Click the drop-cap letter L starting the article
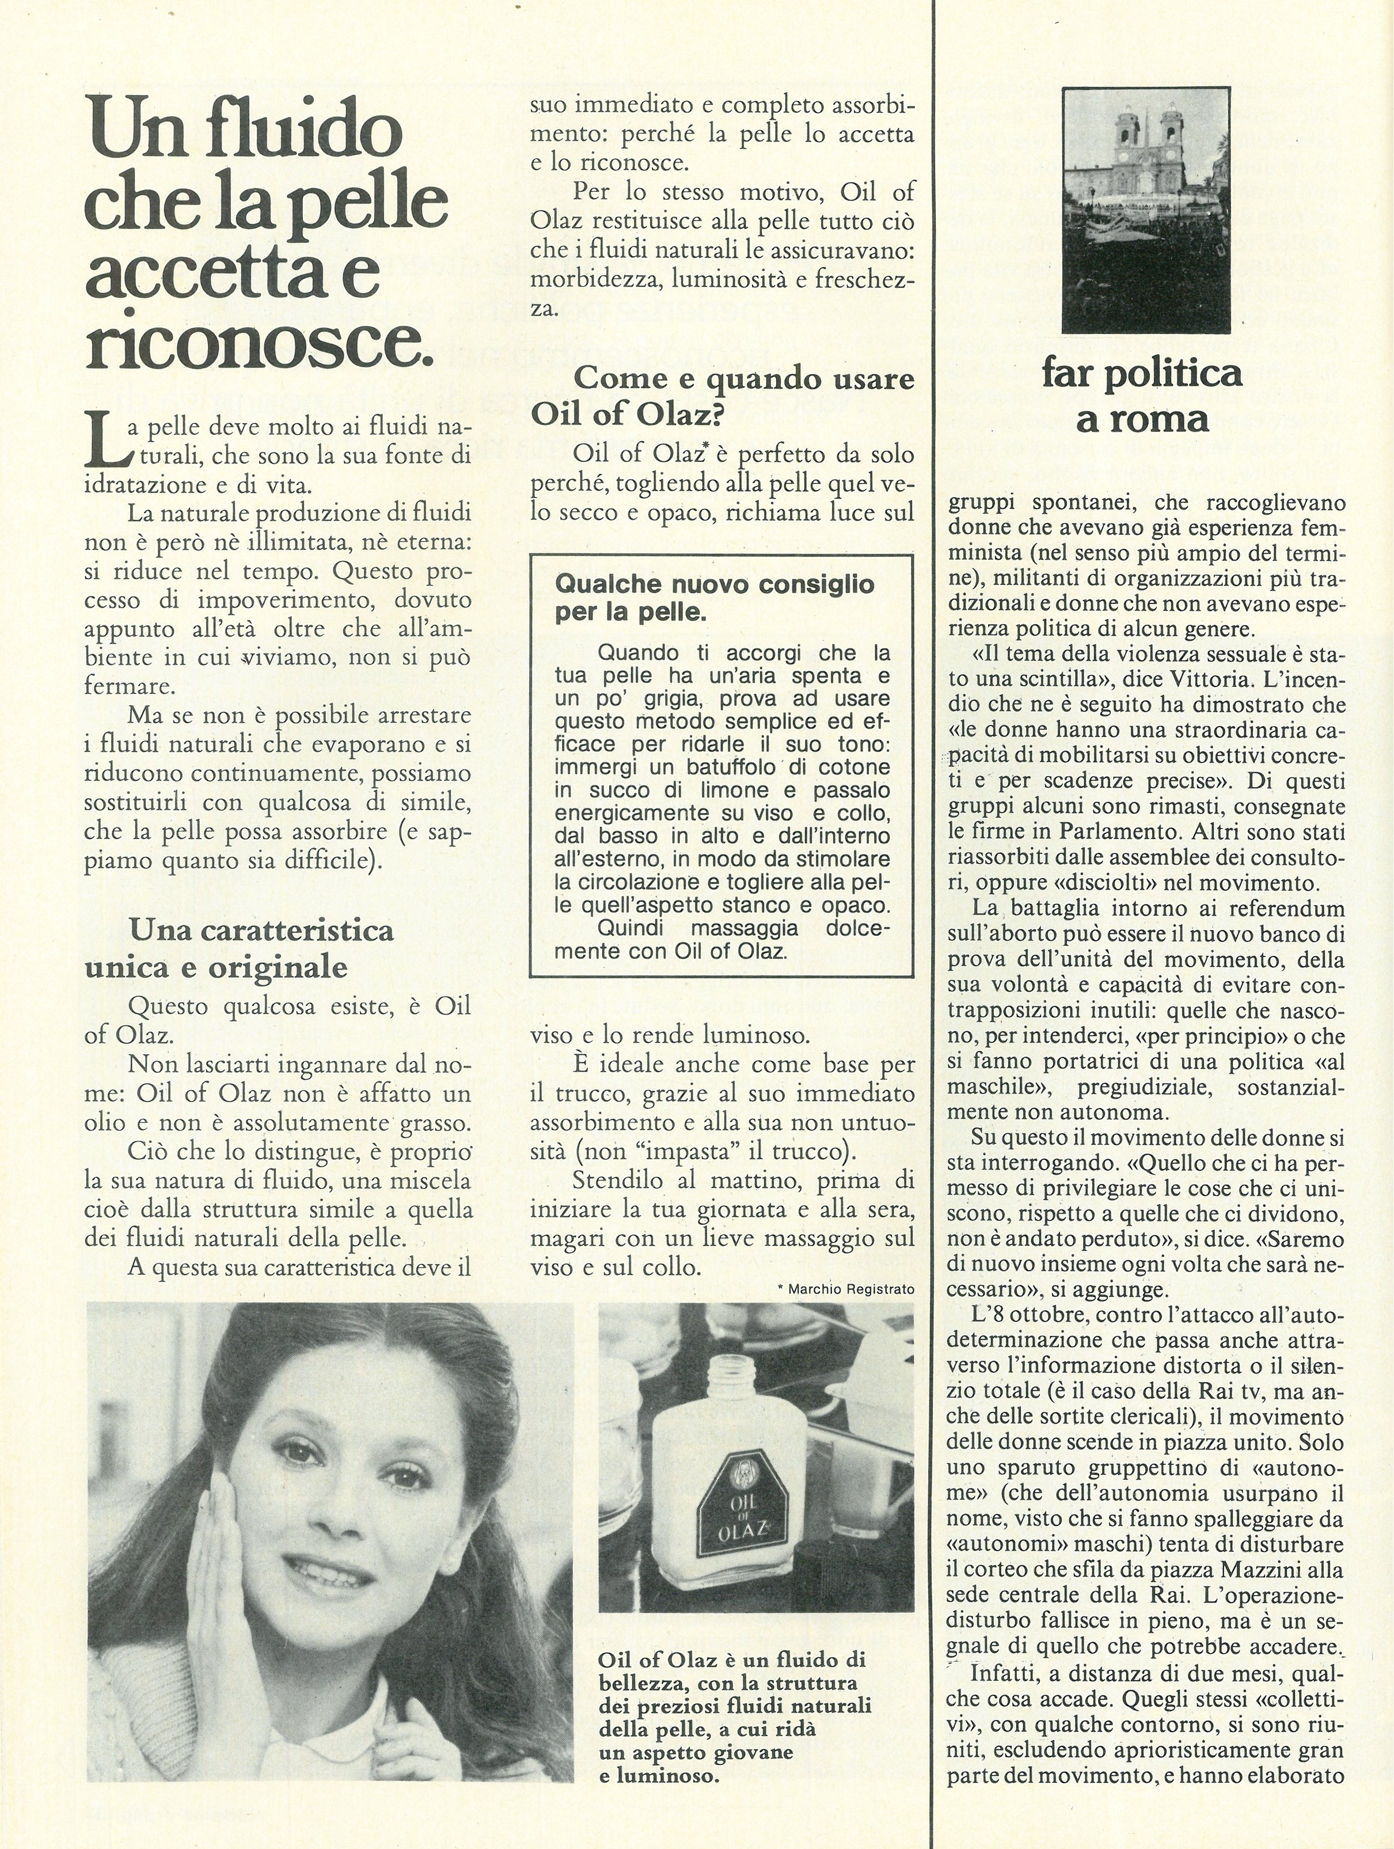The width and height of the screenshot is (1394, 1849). tap(104, 441)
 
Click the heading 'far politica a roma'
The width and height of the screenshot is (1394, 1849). tap(1142, 394)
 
